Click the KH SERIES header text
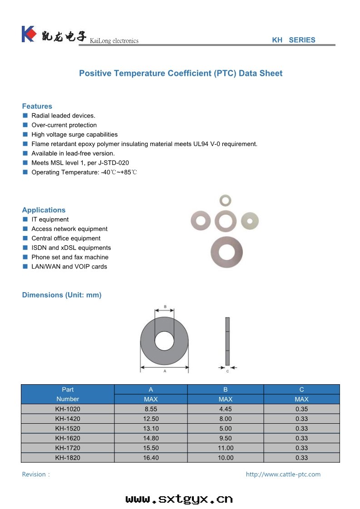(x=293, y=40)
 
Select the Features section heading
(x=37, y=106)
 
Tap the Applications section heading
(x=44, y=210)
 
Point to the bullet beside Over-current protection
(x=25, y=125)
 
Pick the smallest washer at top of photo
(x=225, y=200)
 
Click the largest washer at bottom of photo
(x=227, y=252)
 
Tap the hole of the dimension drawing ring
(x=164, y=341)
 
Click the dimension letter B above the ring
(x=165, y=307)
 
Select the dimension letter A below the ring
(x=164, y=371)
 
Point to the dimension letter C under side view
(x=227, y=371)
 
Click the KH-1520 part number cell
(x=68, y=429)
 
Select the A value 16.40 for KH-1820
(x=151, y=458)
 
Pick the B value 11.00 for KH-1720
(x=225, y=448)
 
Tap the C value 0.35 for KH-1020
(x=301, y=409)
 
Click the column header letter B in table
(x=225, y=390)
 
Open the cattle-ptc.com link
(x=283, y=475)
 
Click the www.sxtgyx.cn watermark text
(x=179, y=499)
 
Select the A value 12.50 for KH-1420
(x=151, y=419)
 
